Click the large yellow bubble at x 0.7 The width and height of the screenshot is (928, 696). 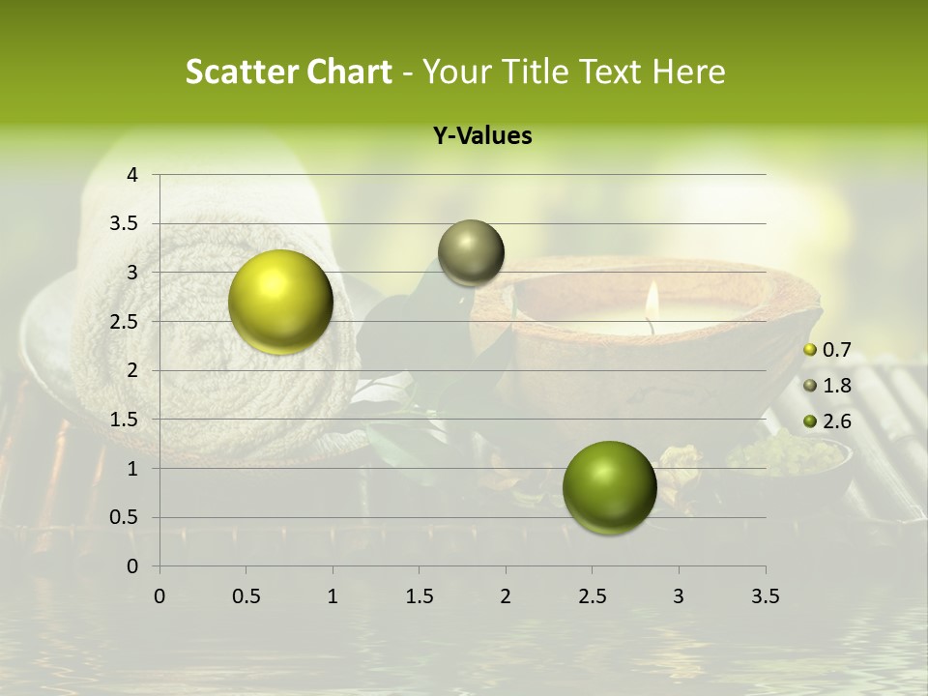tap(281, 302)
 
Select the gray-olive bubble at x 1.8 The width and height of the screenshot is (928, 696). tap(471, 253)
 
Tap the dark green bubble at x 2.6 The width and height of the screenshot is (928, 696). tap(609, 487)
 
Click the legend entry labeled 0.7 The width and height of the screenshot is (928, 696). tap(830, 350)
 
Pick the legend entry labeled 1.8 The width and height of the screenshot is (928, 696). tap(830, 386)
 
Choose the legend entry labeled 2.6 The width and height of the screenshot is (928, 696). tap(830, 420)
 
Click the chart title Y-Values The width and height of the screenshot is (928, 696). tap(482, 136)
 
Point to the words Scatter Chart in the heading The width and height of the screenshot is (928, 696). tap(288, 72)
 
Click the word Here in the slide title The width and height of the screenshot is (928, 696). tap(688, 72)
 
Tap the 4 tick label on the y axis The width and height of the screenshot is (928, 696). tap(133, 175)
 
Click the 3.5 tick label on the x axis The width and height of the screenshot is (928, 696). tap(765, 596)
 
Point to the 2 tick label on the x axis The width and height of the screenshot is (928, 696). tap(506, 596)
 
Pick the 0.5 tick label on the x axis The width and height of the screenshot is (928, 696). tap(246, 596)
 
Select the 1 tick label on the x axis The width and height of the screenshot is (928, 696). tap(333, 596)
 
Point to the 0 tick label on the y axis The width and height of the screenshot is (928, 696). tap(133, 566)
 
